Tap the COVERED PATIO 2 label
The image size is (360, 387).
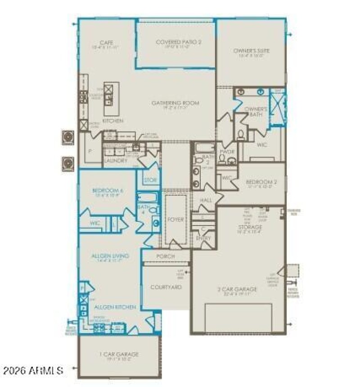179,42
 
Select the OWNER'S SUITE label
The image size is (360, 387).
252,51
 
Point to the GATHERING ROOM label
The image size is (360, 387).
175,103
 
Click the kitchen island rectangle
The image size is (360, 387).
112,99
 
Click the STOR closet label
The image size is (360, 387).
150,180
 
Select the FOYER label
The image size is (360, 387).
175,220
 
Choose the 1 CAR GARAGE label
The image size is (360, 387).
119,354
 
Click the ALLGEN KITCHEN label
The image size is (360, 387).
115,307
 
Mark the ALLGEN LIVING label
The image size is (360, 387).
110,256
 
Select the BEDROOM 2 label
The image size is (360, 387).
259,182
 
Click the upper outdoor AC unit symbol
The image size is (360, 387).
68,136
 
